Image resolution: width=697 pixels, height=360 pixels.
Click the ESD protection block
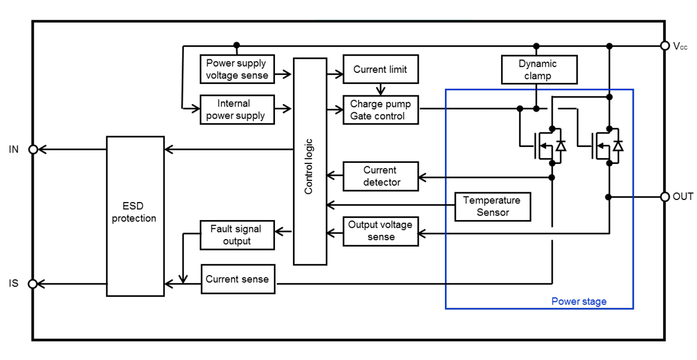tap(135, 216)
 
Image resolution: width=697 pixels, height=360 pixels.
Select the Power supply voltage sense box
tap(237, 69)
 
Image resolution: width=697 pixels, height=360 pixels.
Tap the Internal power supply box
tap(237, 109)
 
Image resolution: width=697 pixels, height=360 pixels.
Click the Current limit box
tap(380, 69)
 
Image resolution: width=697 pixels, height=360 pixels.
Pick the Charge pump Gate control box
tap(380, 109)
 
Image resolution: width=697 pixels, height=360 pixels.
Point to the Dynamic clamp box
tap(537, 70)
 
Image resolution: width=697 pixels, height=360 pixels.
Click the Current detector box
tap(381, 176)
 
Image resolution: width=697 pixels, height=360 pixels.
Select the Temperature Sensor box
tap(492, 206)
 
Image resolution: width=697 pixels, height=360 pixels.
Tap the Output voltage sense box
tap(381, 231)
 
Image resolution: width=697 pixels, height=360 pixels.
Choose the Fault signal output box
tap(237, 235)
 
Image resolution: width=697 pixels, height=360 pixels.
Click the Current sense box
tap(237, 279)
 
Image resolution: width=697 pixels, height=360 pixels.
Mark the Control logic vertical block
tap(309, 161)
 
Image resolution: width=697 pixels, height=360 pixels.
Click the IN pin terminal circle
tap(33, 149)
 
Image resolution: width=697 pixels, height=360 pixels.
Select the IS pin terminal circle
tap(33, 284)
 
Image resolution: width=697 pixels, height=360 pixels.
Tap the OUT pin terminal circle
tap(665, 197)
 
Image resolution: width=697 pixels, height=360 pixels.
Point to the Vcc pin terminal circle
tap(665, 46)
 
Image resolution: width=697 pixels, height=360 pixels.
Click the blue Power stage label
tap(578, 301)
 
